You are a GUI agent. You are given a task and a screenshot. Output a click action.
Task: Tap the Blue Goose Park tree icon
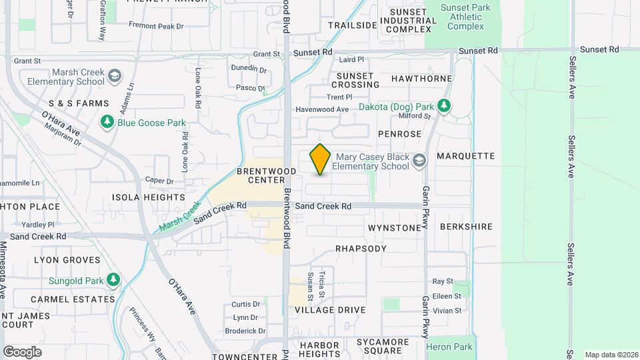(107, 123)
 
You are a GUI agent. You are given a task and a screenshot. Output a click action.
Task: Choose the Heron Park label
(453, 347)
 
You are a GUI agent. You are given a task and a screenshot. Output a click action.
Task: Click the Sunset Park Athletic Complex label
(465, 17)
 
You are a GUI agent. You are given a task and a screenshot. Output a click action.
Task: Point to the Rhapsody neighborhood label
(361, 249)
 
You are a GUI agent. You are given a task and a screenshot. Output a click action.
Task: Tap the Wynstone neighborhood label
(395, 228)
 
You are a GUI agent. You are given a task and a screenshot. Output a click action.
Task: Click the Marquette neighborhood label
(465, 156)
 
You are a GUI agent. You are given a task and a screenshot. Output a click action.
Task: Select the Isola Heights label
(148, 197)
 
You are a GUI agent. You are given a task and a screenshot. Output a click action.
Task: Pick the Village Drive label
(330, 310)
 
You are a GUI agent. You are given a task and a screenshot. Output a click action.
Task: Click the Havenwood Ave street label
(323, 109)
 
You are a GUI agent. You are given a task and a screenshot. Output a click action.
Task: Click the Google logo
(22, 352)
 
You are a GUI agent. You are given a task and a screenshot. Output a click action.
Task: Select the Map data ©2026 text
(611, 354)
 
